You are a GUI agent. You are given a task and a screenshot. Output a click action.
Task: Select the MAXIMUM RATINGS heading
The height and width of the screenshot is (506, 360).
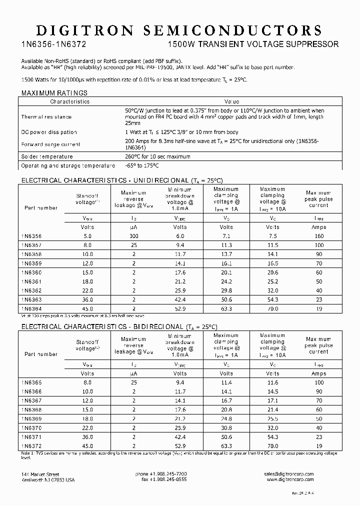[54, 93]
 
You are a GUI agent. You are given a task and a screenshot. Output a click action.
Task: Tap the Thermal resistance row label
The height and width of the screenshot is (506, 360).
[46, 117]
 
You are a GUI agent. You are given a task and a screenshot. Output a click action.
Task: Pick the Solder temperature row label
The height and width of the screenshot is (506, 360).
[47, 156]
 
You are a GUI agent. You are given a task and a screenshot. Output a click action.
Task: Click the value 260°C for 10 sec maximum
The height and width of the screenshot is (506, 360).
[157, 156]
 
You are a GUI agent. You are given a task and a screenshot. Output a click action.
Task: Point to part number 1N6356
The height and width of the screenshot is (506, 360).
[31, 235]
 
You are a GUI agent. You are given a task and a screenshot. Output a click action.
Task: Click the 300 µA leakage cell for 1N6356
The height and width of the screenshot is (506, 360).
[133, 235]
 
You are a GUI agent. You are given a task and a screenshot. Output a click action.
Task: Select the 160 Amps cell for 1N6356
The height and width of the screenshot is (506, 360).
[318, 235]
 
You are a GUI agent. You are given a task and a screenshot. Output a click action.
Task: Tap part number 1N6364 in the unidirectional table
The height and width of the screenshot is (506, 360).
[31, 309]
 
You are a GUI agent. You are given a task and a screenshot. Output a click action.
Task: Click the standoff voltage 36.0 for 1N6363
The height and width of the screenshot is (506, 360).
[87, 300]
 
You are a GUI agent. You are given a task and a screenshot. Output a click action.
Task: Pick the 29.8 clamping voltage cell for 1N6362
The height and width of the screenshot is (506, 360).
[226, 290]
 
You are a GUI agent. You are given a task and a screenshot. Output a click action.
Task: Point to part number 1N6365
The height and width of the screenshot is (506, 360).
[31, 382]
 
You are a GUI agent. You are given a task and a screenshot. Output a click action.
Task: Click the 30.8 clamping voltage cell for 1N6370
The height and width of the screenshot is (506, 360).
[226, 428]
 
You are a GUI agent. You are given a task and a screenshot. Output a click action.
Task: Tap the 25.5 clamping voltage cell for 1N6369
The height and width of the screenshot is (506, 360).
[272, 418]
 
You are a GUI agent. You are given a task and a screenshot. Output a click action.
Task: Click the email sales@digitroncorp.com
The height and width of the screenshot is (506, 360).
[289, 474]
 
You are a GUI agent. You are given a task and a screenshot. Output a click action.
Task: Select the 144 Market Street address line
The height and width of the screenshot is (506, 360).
[40, 474]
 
